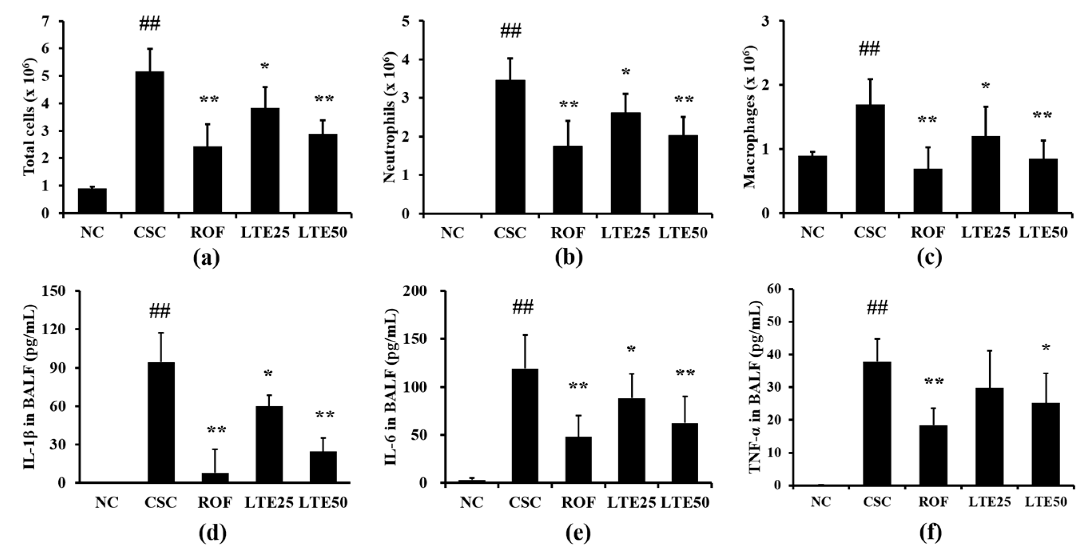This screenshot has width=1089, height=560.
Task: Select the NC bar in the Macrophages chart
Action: [812, 185]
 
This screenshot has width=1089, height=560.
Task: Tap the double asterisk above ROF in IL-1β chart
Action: [217, 431]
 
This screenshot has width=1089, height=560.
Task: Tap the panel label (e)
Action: [578, 533]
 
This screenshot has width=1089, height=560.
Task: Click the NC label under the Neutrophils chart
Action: [452, 233]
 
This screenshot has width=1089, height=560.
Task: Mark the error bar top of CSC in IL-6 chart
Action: [525, 335]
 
